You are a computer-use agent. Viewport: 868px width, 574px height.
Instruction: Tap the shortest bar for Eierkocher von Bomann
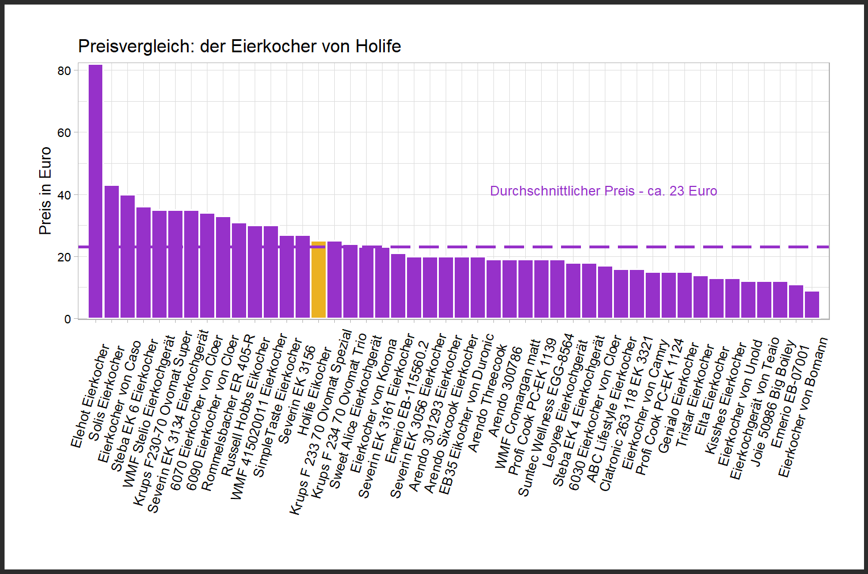(x=812, y=305)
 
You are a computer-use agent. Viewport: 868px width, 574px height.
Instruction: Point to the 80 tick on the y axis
(x=64, y=71)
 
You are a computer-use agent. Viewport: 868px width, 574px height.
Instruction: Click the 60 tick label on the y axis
(x=64, y=133)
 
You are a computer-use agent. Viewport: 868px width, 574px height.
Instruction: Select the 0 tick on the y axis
(x=68, y=319)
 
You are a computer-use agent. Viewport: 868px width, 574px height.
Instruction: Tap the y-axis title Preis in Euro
(x=45, y=191)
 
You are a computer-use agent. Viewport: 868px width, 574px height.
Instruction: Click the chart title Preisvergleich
(x=239, y=46)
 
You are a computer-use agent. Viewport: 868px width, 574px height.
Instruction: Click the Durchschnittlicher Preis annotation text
(x=603, y=191)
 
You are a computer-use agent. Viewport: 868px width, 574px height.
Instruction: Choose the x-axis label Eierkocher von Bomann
(x=803, y=407)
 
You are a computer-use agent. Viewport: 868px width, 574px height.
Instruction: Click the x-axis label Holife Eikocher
(x=314, y=392)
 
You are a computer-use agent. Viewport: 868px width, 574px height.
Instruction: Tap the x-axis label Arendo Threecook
(x=487, y=398)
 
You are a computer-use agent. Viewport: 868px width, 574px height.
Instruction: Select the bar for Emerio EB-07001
(x=796, y=302)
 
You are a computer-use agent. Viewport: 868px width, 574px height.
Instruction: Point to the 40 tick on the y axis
(x=64, y=195)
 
